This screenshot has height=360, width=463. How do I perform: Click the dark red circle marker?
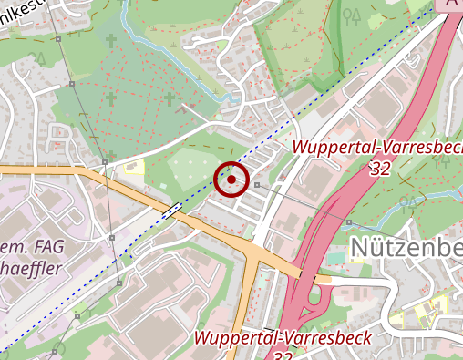[232, 180]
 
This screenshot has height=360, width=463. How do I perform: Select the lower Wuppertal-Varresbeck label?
[283, 338]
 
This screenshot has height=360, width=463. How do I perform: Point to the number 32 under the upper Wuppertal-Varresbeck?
[382, 169]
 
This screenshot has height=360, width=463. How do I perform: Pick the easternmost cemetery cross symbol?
[169, 98]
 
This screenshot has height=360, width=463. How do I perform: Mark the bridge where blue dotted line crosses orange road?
[172, 209]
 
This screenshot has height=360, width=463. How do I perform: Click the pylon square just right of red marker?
[257, 185]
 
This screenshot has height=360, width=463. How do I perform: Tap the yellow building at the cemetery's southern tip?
[134, 166]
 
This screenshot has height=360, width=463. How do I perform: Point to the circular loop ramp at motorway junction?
[322, 296]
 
